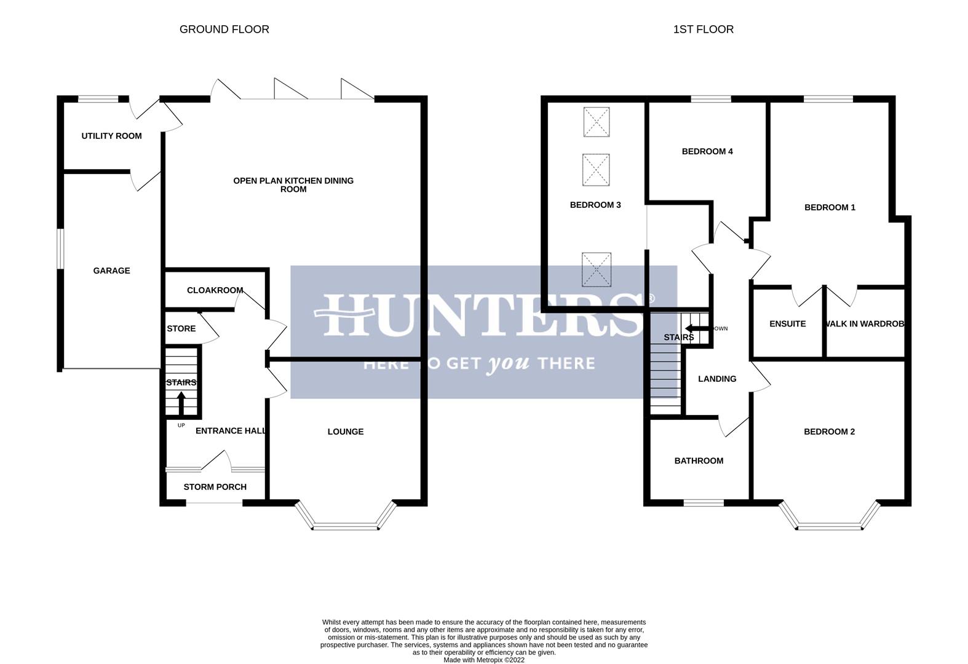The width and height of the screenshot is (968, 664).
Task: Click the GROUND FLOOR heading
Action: pyautogui.click(x=224, y=30)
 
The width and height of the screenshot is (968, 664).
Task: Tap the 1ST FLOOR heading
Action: pyautogui.click(x=703, y=30)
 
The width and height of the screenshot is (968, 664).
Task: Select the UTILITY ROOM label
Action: pyautogui.click(x=111, y=136)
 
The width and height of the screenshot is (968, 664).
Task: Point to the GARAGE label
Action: pyautogui.click(x=111, y=271)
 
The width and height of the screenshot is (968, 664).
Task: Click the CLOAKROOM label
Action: pyautogui.click(x=215, y=290)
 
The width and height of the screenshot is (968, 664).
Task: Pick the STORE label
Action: pyautogui.click(x=181, y=329)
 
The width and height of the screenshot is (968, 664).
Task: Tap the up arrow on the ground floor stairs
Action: pyautogui.click(x=181, y=403)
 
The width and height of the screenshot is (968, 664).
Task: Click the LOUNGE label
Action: pyautogui.click(x=345, y=432)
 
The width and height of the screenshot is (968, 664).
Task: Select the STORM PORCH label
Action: pyautogui.click(x=215, y=487)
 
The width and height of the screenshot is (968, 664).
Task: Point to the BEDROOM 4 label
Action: pyautogui.click(x=707, y=151)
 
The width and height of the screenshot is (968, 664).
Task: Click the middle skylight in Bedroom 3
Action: pyautogui.click(x=596, y=170)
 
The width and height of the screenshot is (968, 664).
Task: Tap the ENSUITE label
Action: pyautogui.click(x=787, y=324)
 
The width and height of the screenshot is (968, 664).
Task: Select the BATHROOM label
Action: pyautogui.click(x=699, y=460)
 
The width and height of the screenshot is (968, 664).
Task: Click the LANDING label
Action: pyautogui.click(x=717, y=379)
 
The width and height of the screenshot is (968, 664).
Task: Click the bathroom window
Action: pyautogui.click(x=704, y=503)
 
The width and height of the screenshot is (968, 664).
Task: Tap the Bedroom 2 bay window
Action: pyautogui.click(x=829, y=526)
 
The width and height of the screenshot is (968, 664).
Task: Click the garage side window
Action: pyautogui.click(x=60, y=248)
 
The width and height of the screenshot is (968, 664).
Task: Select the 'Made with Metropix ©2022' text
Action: pyautogui.click(x=484, y=660)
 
